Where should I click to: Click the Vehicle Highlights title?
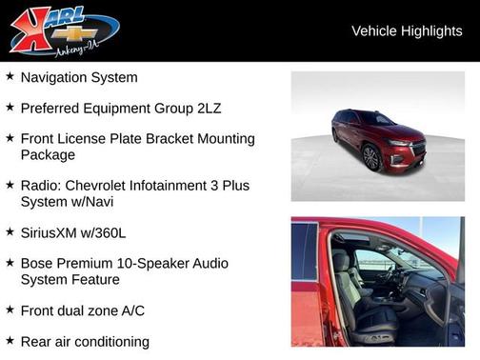[x=407, y=30]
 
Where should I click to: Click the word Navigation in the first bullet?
[x=55, y=77]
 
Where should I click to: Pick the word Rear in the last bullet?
[x=37, y=340]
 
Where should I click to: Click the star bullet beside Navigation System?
[x=10, y=76]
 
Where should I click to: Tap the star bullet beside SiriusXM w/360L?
[x=10, y=230]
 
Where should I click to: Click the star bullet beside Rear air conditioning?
[x=10, y=339]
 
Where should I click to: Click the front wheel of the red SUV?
[x=371, y=158]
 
